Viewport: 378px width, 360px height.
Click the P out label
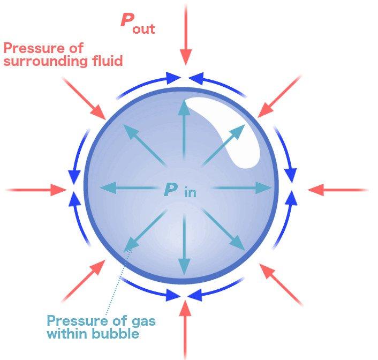pos(137,23)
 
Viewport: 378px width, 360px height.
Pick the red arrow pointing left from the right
pos(337,190)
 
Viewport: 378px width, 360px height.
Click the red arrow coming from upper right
pos(279,96)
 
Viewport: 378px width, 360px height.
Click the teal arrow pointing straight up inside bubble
pos(184,134)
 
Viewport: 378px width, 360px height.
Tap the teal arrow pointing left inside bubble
pos(131,187)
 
